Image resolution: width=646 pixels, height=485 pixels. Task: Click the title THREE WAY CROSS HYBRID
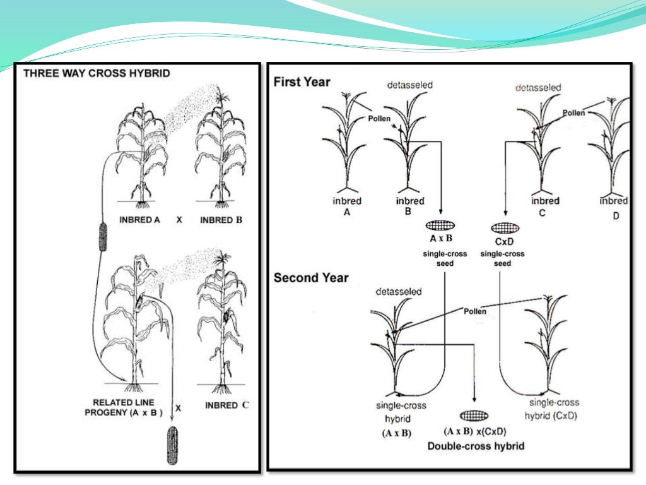click(97, 73)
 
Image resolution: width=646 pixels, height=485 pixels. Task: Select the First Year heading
click(302, 81)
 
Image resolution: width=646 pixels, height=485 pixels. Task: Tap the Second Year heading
click(310, 278)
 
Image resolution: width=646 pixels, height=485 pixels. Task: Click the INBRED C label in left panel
click(226, 405)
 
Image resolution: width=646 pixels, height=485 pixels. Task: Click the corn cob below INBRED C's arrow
click(173, 445)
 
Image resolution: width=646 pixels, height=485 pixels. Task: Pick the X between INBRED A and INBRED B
click(179, 220)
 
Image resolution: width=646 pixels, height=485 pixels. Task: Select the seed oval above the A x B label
click(440, 225)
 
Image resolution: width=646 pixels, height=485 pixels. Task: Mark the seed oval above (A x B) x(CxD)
click(474, 415)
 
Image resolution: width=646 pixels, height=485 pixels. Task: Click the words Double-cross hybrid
click(475, 446)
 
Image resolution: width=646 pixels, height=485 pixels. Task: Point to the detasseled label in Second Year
click(398, 292)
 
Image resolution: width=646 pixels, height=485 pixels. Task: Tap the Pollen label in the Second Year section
click(475, 311)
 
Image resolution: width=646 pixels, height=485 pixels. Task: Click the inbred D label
click(613, 207)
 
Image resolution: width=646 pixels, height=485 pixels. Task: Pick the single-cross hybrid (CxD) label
click(553, 409)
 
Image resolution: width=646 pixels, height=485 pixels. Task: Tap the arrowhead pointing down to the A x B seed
click(440, 214)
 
